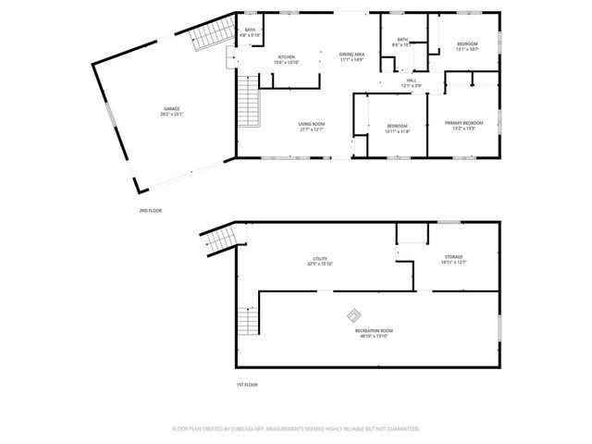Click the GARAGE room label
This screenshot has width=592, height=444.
[171, 109]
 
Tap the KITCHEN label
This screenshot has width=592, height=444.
[286, 57]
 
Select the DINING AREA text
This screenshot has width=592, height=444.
[351, 55]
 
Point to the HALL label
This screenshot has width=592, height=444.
[411, 80]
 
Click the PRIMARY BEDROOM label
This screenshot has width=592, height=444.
[463, 123]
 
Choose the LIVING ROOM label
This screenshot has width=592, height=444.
[311, 124]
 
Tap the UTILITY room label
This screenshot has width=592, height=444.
[320, 258]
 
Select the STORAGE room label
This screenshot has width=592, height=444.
[452, 257]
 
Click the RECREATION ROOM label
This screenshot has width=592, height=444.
[374, 330]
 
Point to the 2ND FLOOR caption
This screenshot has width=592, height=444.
[151, 211]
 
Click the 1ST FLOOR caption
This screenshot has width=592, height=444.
[246, 384]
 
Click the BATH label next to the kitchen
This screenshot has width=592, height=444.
[250, 31]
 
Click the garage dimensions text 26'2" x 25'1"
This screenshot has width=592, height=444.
[171, 115]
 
